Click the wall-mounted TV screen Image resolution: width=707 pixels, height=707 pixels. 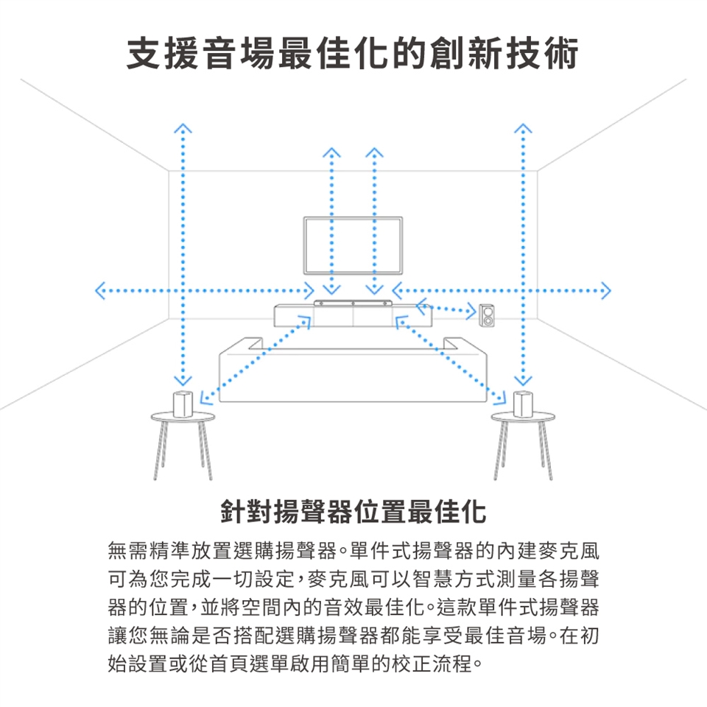(x=353, y=245)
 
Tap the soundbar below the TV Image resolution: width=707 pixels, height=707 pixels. (x=353, y=303)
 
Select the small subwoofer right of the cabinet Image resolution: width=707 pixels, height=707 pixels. (x=487, y=315)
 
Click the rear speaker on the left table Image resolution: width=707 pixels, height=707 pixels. (x=183, y=404)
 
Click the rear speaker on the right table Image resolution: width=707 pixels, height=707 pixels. (x=523, y=404)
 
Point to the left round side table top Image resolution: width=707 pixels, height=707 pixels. (x=183, y=417)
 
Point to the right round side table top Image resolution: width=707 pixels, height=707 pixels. (x=523, y=417)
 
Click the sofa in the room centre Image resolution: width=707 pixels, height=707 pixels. (x=353, y=370)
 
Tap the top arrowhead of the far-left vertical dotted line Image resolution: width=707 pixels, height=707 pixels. (x=183, y=128)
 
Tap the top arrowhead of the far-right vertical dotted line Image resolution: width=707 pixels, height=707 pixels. (x=523, y=128)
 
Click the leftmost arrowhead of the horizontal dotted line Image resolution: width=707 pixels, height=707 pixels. (x=100, y=291)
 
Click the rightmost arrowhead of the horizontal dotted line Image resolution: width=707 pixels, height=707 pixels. (x=606, y=291)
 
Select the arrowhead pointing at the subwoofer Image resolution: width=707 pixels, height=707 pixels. (x=471, y=311)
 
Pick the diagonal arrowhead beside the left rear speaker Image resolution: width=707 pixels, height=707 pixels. (x=205, y=398)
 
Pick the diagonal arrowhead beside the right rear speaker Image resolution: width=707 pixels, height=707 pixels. (x=499, y=398)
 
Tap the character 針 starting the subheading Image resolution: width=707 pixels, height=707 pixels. (x=233, y=512)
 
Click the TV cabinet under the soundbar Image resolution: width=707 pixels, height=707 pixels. (x=353, y=316)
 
